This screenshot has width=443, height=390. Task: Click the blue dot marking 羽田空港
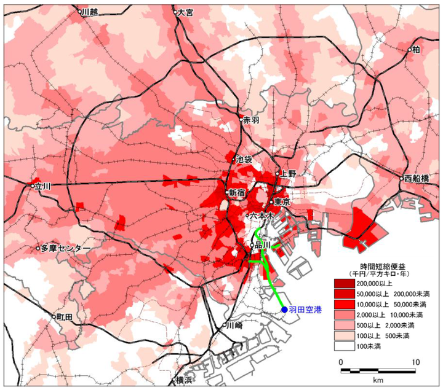click(x=284, y=311)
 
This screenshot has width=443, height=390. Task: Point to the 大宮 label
click(x=186, y=12)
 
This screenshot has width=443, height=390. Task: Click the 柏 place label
click(x=417, y=49)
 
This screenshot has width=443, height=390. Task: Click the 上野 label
click(x=288, y=174)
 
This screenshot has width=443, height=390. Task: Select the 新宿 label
click(x=237, y=193)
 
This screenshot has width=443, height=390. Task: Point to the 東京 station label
click(x=282, y=202)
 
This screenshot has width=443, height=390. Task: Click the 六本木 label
click(x=262, y=216)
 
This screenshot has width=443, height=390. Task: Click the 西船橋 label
click(x=417, y=179)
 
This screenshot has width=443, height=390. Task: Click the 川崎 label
click(x=235, y=325)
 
